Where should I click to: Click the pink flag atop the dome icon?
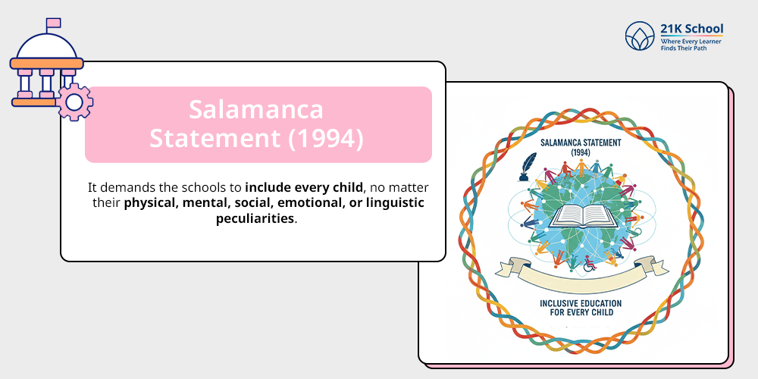coord(53,23)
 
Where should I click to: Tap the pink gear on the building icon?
coord(74,102)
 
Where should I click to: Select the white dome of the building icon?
coord(46,47)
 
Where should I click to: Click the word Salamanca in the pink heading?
coord(255,109)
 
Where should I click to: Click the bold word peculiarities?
coord(255,218)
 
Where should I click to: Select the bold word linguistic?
coord(387,202)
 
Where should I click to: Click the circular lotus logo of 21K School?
coord(640,36)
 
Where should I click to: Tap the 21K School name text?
coord(692,29)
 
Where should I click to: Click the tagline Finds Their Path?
coord(684,49)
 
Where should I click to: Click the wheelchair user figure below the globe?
coord(589,264)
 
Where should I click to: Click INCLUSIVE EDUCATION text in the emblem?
coord(581,303)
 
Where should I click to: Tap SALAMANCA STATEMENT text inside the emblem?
coord(580,143)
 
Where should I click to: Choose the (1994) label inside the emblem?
coord(580,152)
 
